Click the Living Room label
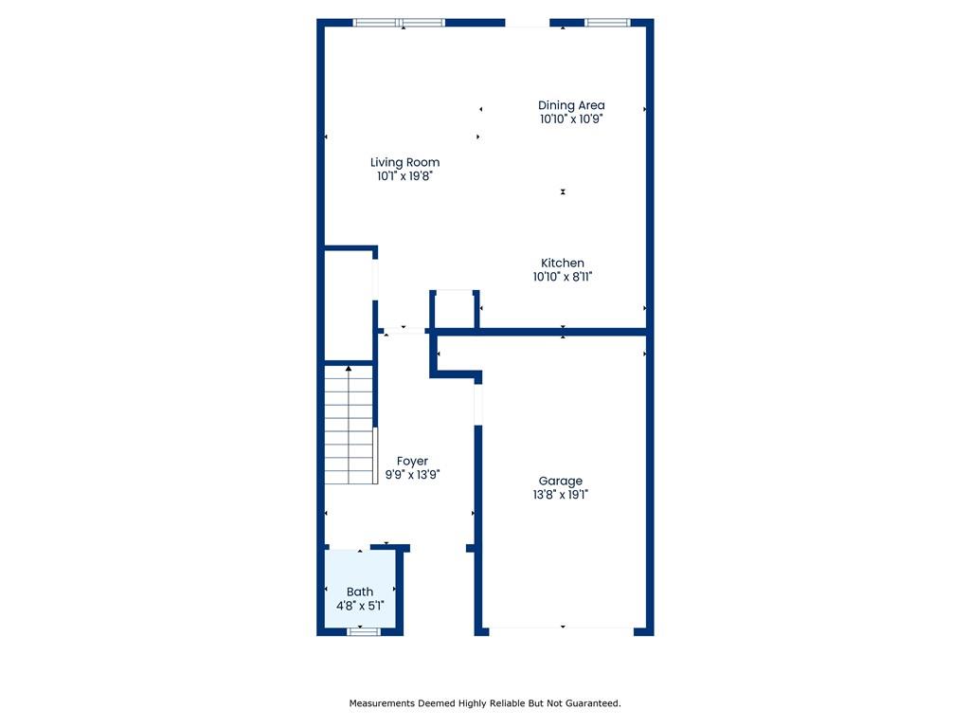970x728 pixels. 405,162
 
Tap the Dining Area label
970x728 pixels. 571,105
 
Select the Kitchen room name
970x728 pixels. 563,264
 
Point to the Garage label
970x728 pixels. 561,481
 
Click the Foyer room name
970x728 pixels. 413,462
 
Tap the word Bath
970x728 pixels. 360,591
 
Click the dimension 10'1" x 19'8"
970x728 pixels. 405,176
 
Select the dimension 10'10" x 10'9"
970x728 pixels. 571,119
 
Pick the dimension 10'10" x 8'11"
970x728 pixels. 563,278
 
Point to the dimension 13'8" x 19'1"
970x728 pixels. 561,495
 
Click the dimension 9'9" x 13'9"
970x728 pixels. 413,475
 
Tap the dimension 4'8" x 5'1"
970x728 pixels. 360,606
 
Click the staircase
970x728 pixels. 350,425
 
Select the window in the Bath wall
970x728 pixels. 363,631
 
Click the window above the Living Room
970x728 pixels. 399,23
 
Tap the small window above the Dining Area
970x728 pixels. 607,23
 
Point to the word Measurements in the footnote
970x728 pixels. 382,703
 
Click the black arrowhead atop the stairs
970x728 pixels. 349,369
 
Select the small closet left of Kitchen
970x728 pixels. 455,309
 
